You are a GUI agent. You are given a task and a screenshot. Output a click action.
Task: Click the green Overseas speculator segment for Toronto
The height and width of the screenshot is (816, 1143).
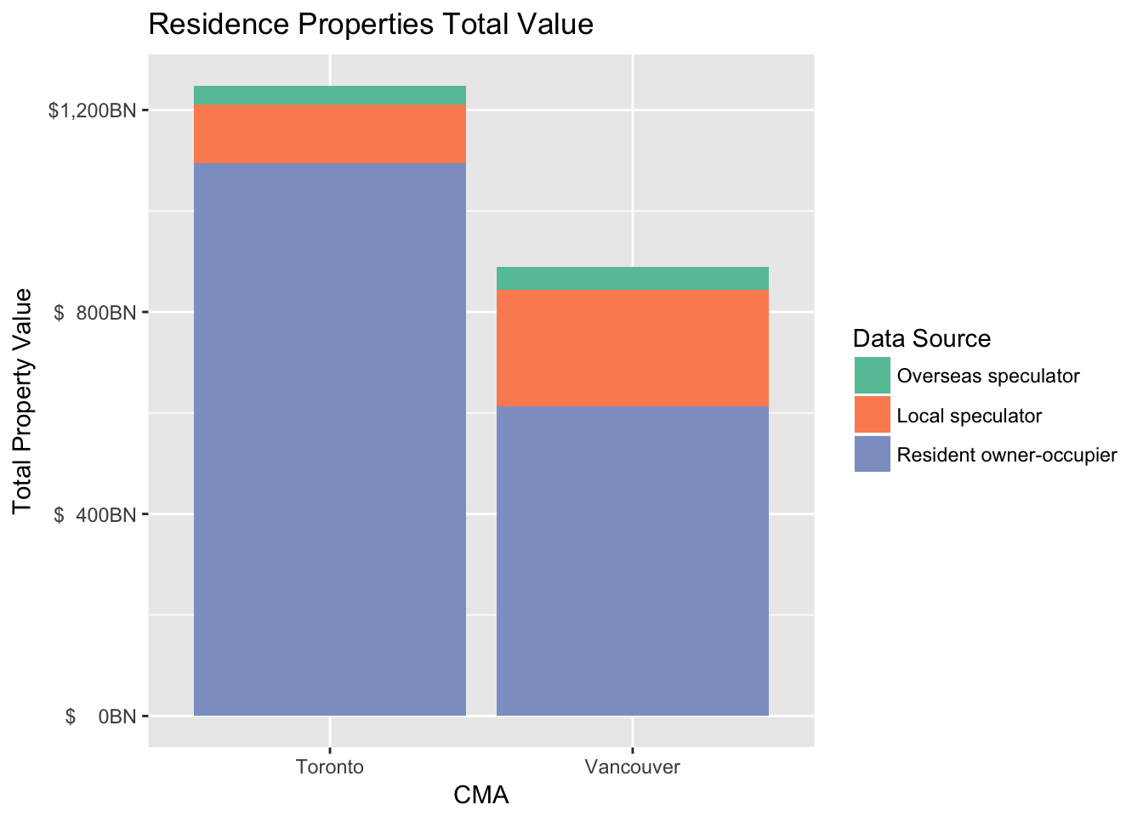330,95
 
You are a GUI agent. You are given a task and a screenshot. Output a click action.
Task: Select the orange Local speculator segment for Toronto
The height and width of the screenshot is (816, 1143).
330,134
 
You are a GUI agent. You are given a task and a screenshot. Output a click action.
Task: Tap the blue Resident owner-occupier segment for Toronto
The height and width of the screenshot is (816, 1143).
330,439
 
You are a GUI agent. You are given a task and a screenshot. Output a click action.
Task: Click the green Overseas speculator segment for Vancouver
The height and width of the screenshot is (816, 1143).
632,279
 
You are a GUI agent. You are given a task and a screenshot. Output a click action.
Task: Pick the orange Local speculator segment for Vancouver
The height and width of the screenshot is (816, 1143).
632,348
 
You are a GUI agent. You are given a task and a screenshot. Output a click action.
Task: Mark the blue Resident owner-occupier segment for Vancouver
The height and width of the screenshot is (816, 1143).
632,561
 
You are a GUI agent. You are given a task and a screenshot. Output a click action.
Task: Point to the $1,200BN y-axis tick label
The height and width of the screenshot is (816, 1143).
92,110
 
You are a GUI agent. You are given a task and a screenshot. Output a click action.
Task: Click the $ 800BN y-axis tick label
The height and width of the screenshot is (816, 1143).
95,313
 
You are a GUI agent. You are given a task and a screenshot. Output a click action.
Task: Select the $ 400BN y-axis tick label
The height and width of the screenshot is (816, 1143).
95,514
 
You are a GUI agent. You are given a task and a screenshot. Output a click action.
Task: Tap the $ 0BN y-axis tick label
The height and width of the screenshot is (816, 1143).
100,717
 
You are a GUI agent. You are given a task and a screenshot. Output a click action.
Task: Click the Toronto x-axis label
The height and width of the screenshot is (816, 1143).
330,768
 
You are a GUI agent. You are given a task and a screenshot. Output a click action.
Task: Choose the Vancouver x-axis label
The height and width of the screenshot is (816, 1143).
633,768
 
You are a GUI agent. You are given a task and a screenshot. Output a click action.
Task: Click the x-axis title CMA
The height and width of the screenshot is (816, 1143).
481,796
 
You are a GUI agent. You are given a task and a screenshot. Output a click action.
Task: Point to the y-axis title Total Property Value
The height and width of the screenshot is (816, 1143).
23,401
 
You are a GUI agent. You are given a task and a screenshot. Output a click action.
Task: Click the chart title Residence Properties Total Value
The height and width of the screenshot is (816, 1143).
371,25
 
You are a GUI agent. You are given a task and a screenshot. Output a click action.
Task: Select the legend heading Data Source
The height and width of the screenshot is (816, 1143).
922,339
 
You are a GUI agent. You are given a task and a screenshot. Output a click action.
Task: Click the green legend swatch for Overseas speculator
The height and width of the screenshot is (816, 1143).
872,376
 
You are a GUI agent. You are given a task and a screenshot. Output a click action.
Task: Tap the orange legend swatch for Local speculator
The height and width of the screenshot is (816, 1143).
872,416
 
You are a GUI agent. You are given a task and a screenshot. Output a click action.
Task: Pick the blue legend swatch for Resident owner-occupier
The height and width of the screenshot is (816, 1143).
872,455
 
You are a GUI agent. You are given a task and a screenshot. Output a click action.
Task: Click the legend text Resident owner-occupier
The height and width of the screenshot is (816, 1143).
1007,455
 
